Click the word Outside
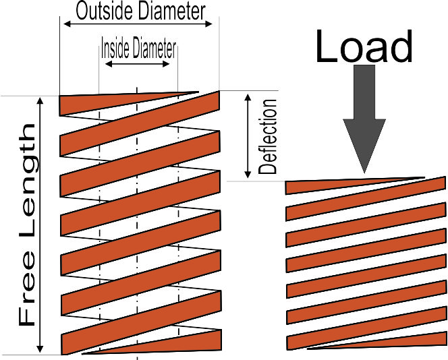click(105, 11)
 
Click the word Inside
click(115, 49)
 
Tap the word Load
click(364, 47)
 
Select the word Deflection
click(268, 136)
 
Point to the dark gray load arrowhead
click(364, 146)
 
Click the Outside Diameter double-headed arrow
click(138, 24)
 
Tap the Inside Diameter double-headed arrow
click(138, 63)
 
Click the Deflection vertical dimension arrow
click(248, 136)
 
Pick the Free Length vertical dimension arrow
click(40, 225)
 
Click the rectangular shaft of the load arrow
click(364, 92)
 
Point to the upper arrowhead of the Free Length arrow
click(40, 100)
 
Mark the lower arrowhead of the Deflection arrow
click(248, 175)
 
